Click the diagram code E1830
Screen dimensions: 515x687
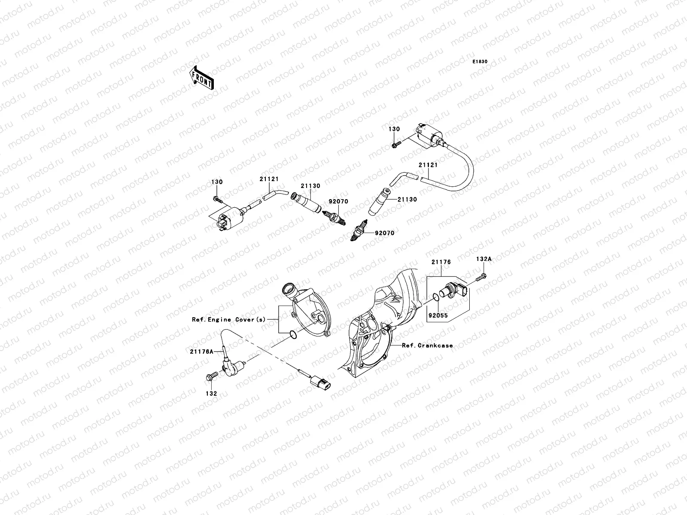[x=480, y=62]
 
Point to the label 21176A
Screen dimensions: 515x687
[x=205, y=351]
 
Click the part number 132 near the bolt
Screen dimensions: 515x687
[x=211, y=393]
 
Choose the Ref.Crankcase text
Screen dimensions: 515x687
[x=427, y=345]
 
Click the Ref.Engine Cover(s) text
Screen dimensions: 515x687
[x=229, y=320]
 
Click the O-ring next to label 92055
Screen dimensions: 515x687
[x=435, y=297]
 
